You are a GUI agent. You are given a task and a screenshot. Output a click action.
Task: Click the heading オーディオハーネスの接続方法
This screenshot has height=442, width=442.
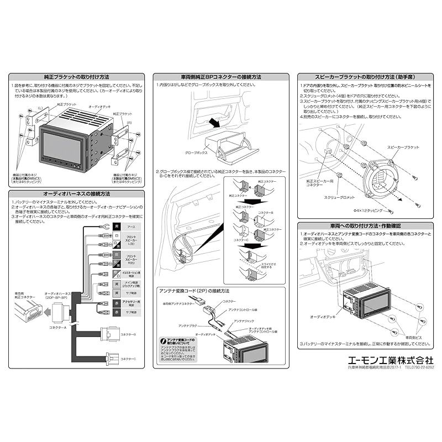76,194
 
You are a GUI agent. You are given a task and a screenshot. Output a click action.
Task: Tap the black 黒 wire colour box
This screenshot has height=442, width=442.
117,227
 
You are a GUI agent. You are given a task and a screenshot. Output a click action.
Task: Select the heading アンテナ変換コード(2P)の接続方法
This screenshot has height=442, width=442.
193,291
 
